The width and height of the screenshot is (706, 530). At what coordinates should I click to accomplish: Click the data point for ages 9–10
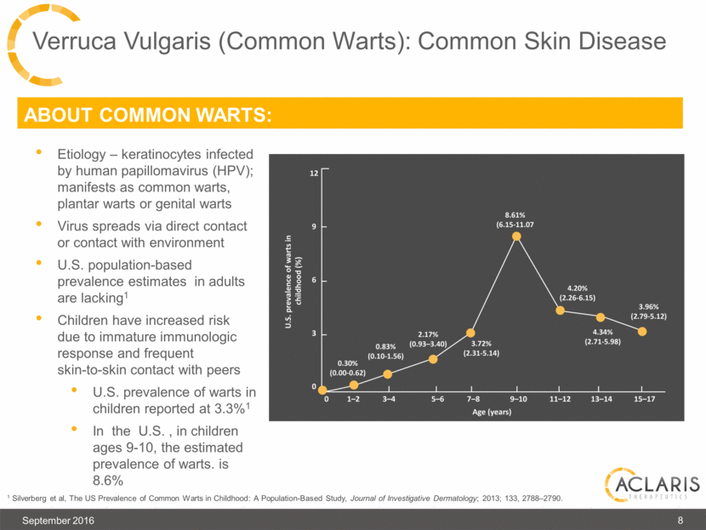click(x=516, y=236)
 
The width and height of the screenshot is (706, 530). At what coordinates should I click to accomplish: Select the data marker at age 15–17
click(x=643, y=331)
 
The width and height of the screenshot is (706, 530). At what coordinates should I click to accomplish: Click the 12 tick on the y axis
click(x=313, y=173)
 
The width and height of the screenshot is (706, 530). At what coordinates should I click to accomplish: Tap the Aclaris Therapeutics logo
click(x=651, y=487)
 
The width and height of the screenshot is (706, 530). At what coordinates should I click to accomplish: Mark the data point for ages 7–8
click(x=471, y=333)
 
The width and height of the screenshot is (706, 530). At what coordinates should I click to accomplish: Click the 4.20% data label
click(x=578, y=287)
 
